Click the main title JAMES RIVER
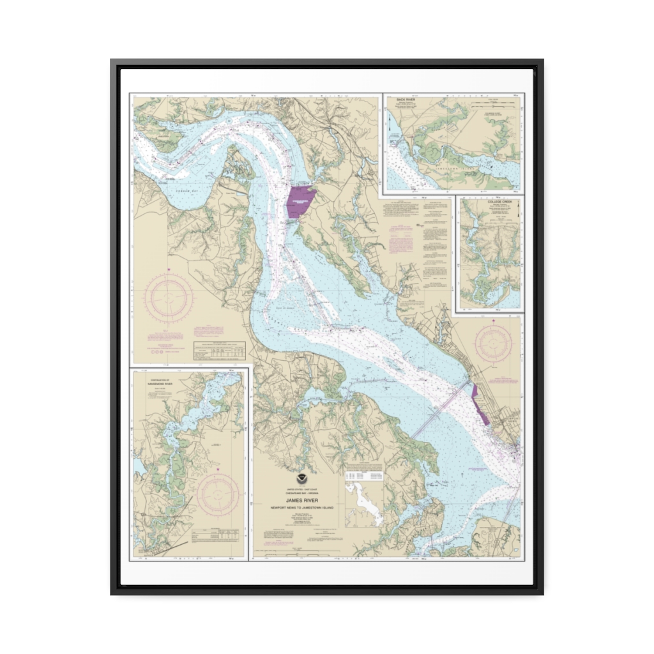(x=301, y=501)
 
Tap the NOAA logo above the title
(x=301, y=478)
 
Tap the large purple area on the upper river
(x=300, y=202)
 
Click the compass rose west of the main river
(x=169, y=298)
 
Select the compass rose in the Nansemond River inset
(x=218, y=495)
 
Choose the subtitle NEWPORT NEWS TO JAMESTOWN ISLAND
(x=301, y=508)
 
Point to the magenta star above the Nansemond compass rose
(x=218, y=470)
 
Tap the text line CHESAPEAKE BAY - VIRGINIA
(x=301, y=494)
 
